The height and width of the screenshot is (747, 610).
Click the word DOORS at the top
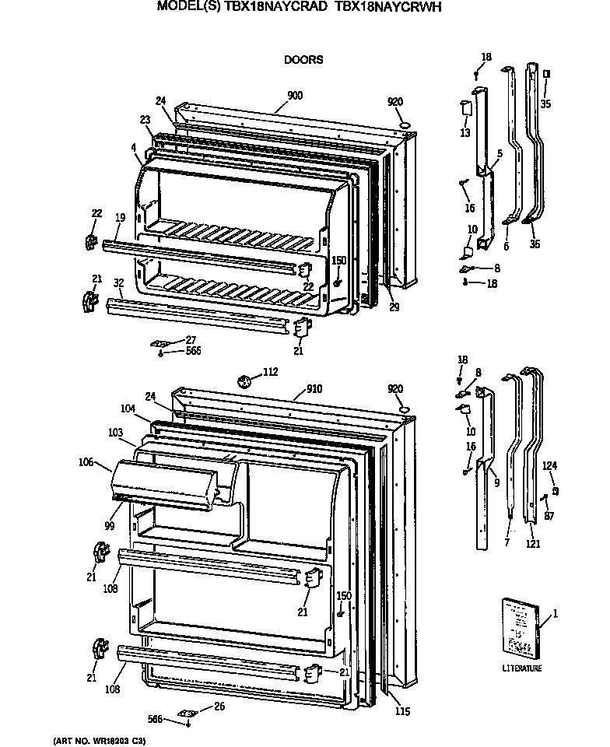point(303,59)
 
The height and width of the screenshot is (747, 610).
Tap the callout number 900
point(295,96)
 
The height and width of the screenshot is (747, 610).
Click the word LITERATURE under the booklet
point(522,668)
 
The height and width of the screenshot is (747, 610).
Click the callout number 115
point(401,711)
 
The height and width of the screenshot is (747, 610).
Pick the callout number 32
point(119,283)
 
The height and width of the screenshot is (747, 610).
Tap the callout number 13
point(465,134)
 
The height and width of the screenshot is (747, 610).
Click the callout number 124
point(550,466)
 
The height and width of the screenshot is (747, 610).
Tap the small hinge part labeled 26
point(186,712)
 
